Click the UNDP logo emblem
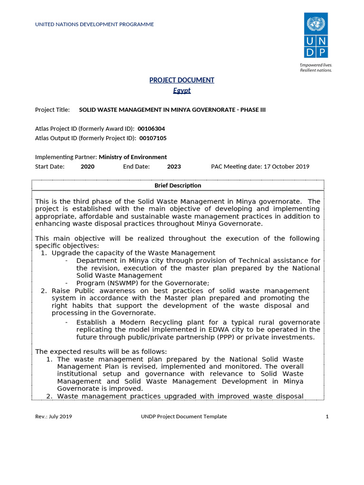point(315,36)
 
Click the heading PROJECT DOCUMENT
point(182,80)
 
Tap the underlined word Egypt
point(182,90)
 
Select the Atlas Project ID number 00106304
point(151,128)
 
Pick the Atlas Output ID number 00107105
point(152,138)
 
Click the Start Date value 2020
point(87,166)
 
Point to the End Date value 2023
point(174,166)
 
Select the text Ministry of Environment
point(133,157)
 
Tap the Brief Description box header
point(178,185)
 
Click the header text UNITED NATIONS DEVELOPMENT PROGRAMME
point(94,24)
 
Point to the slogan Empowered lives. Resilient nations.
point(316,67)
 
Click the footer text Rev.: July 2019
point(54,416)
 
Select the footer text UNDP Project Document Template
point(184,416)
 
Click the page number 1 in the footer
point(327,416)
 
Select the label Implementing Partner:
point(66,157)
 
